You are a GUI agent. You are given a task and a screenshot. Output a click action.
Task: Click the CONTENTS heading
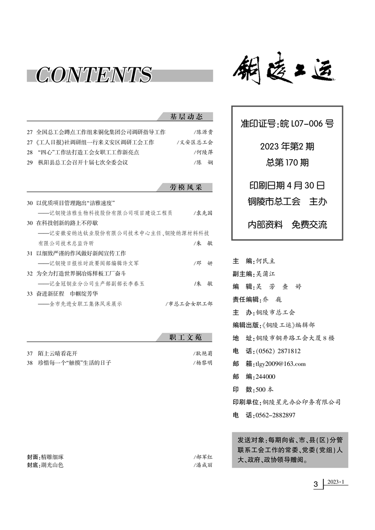point(94,75)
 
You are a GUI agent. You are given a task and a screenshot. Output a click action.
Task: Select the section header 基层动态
point(186,117)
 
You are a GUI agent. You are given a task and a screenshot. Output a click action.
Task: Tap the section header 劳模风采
point(186,188)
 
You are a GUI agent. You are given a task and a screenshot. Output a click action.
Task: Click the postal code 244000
point(265,376)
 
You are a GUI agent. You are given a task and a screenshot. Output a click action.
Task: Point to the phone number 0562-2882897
point(275,415)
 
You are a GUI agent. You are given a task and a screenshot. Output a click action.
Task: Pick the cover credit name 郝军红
point(204,457)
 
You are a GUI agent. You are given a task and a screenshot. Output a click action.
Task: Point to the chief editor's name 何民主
point(272,261)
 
